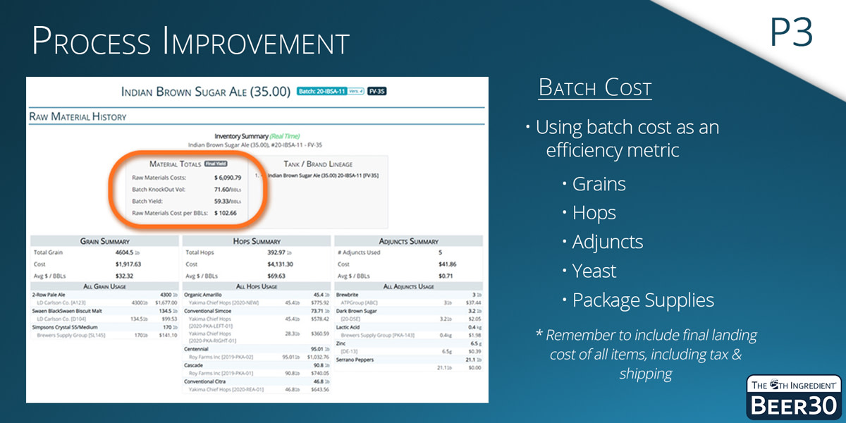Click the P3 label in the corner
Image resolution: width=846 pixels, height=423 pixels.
click(791, 32)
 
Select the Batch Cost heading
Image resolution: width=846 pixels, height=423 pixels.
click(594, 88)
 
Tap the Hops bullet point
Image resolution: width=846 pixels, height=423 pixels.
click(594, 213)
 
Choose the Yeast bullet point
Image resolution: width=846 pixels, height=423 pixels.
click(594, 271)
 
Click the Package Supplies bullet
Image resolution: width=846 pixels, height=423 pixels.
click(642, 300)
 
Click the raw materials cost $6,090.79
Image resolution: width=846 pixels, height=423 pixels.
click(227, 178)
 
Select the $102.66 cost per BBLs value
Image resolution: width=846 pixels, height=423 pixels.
click(225, 212)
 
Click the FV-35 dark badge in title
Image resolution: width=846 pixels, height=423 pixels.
click(377, 92)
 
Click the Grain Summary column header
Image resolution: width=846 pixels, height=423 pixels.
click(104, 241)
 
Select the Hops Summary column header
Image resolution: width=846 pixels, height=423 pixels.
click(256, 241)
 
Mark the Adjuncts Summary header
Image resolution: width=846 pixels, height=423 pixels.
click(408, 241)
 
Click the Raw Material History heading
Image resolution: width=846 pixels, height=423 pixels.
click(78, 116)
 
